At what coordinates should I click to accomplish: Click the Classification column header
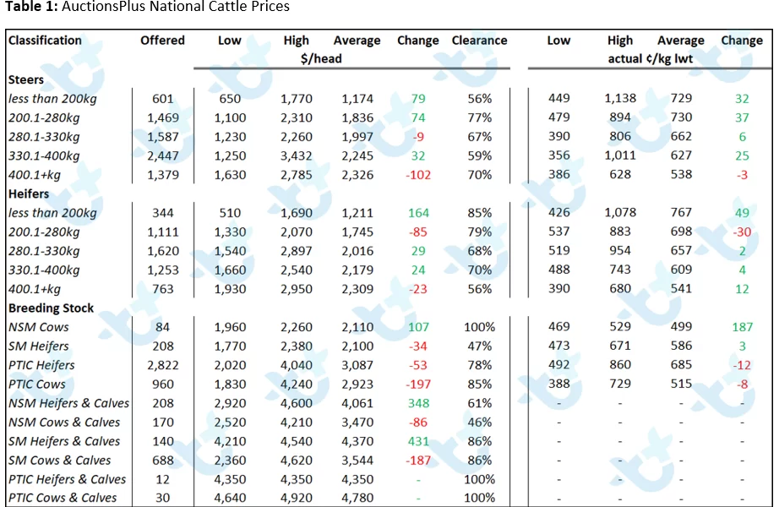click(x=45, y=41)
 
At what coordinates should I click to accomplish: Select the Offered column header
click(x=162, y=41)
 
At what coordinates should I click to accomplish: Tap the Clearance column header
click(x=479, y=41)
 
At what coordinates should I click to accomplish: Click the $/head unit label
click(x=321, y=58)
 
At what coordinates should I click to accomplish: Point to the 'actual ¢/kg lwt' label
click(x=651, y=58)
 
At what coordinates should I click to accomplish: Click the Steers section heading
click(x=26, y=79)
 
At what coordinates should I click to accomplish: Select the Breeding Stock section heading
click(x=51, y=308)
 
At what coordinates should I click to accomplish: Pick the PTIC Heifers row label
click(x=41, y=365)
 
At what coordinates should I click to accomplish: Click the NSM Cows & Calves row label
click(x=64, y=422)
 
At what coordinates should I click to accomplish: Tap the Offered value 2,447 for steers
click(x=162, y=156)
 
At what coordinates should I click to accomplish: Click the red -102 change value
click(x=418, y=175)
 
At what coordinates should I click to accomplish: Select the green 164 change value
click(x=418, y=213)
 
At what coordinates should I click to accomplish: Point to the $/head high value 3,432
click(x=296, y=156)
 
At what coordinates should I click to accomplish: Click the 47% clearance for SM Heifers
click(x=479, y=346)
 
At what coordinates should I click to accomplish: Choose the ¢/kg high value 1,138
click(x=620, y=98)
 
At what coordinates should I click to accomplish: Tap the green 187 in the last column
click(x=742, y=327)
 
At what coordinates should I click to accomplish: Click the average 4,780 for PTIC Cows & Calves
click(x=357, y=498)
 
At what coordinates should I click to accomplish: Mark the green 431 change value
click(x=418, y=441)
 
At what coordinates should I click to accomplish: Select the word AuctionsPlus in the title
click(x=98, y=7)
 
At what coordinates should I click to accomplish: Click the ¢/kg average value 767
click(x=681, y=213)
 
